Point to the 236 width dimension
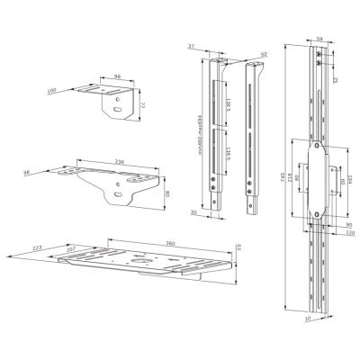tap(120, 163)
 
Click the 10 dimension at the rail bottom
tap(307, 317)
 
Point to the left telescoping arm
tap(216, 135)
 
